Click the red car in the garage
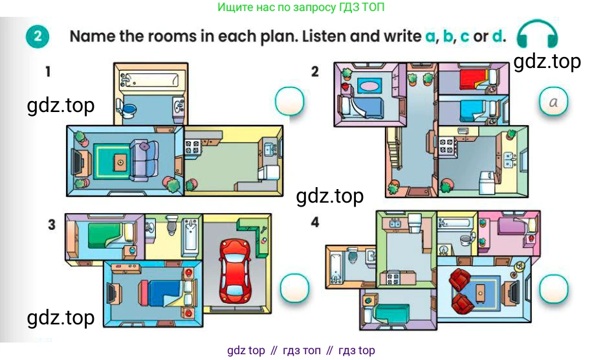coord(235,271)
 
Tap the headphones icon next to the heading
coord(537,33)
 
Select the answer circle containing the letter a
coord(553,102)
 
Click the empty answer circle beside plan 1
coord(290,102)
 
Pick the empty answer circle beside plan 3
coord(294,288)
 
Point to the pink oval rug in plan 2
coord(369,85)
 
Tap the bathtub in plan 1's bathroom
coord(150,80)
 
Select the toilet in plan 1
coord(126,108)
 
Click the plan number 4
coord(315,222)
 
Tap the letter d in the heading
coord(498,36)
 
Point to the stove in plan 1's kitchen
coord(192,148)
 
